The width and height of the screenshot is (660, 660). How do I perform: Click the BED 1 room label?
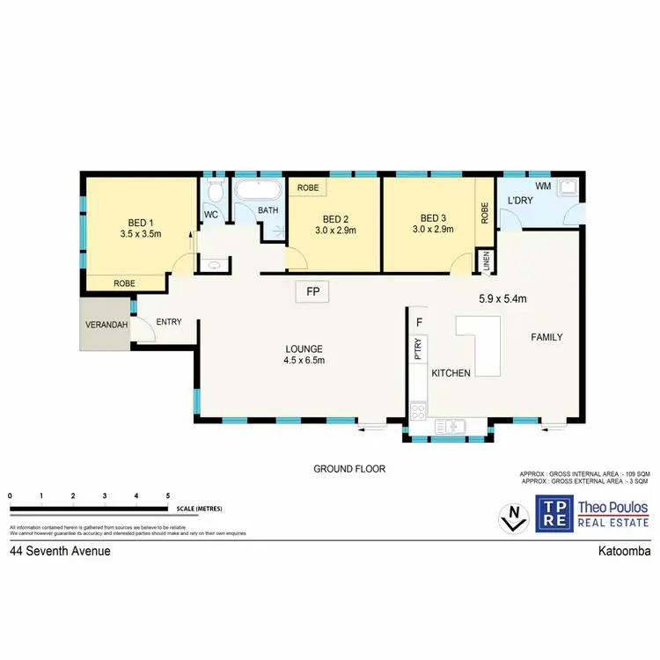pos(137,223)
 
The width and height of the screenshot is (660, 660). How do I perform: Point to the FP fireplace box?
pos(312,291)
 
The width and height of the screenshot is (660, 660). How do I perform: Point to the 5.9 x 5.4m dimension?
pos(502,298)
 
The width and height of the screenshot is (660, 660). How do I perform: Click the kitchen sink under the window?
pos(451,427)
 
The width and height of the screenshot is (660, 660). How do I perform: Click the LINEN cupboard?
pos(485,260)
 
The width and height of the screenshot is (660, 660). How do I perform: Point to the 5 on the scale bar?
pos(168,496)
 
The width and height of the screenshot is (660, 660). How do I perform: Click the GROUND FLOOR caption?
pos(349,469)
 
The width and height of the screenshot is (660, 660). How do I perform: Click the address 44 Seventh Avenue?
pos(60,552)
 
